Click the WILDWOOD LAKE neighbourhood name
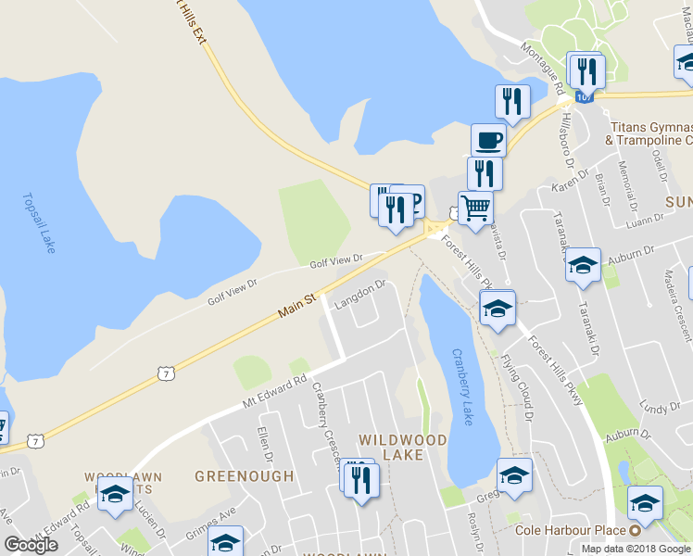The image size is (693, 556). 403,447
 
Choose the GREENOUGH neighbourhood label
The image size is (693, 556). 244,476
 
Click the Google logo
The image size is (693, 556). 31,545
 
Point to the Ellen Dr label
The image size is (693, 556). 267,444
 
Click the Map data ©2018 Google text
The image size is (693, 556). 635,549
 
